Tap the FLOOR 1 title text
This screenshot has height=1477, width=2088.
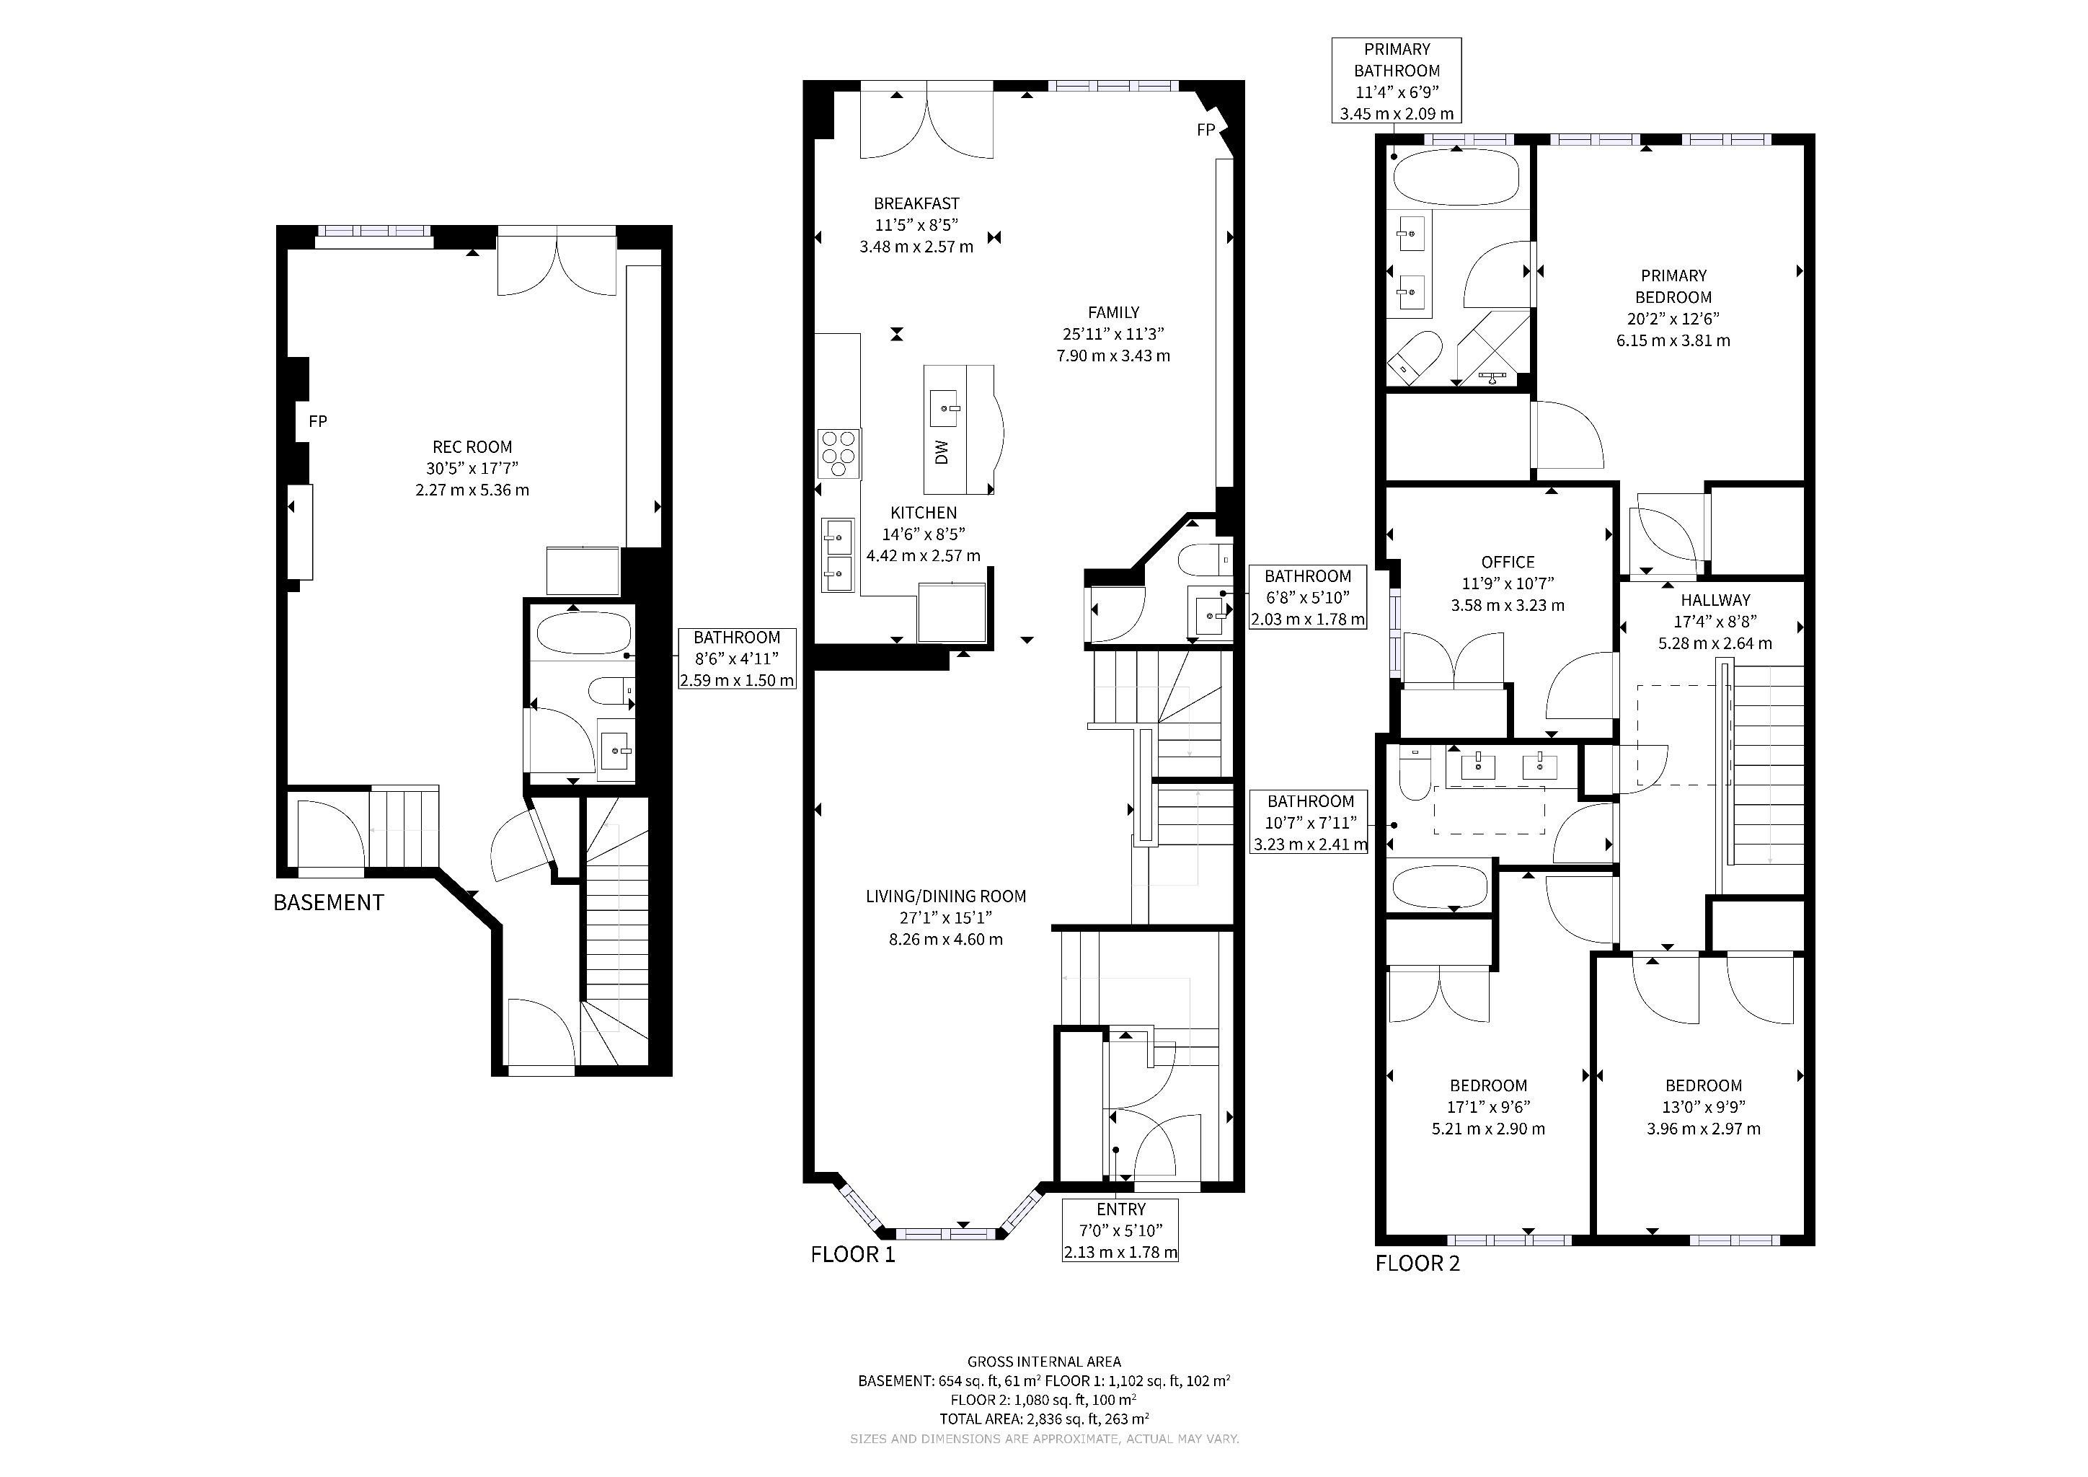[x=852, y=1255]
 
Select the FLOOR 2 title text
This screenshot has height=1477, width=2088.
[x=1417, y=1264]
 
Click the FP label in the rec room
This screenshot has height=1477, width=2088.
[x=317, y=421]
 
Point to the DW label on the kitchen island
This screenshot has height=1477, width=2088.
[x=942, y=452]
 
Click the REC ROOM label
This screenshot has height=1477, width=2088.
[x=472, y=446]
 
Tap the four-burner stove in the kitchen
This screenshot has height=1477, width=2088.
[x=839, y=454]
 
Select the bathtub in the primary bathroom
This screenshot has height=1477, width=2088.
[x=1455, y=177]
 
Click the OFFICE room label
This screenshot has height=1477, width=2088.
[x=1507, y=562]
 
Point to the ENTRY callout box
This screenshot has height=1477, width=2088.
[x=1120, y=1230]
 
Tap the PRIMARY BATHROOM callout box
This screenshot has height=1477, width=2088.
[x=1397, y=81]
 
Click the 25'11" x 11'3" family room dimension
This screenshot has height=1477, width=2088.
[x=1113, y=334]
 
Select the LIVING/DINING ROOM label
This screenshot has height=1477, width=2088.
[x=946, y=896]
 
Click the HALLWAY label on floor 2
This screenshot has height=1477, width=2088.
[x=1715, y=600]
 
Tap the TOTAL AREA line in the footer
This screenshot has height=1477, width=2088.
[x=1044, y=1419]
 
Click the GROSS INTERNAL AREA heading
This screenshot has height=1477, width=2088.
[x=1044, y=1362]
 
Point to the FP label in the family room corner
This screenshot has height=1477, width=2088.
[x=1206, y=130]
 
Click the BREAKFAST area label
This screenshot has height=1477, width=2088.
[x=916, y=203]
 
